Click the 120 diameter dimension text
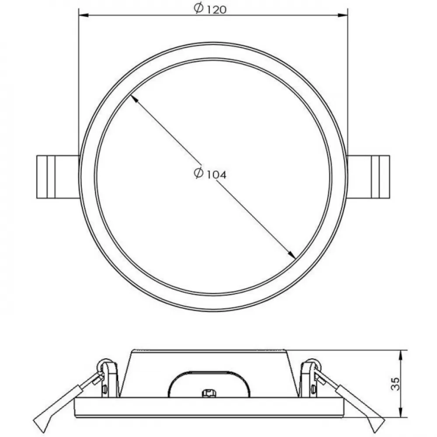[x=211, y=9]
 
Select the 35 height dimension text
[x=395, y=384]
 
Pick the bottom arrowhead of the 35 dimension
[x=401, y=413]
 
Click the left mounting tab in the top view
[x=58, y=177]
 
